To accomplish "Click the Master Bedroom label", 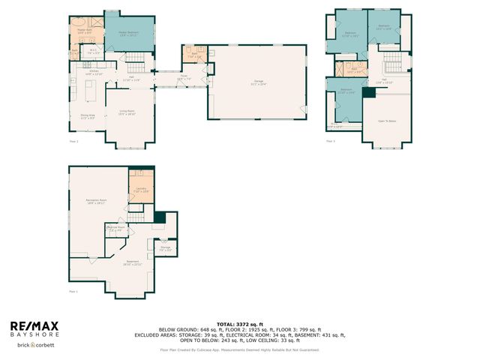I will click(x=129, y=34).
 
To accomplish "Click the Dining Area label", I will click(x=87, y=116).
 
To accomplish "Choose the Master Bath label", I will click(x=84, y=32).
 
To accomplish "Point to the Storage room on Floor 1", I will click(x=165, y=248).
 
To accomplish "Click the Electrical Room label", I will click(x=115, y=229).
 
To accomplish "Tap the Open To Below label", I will click(x=387, y=119).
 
